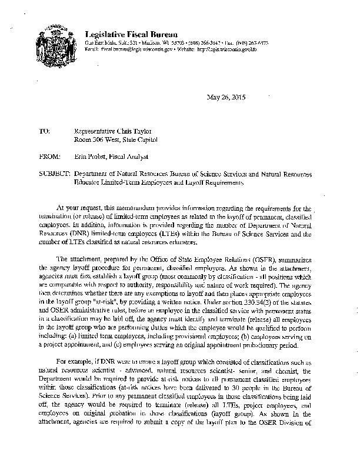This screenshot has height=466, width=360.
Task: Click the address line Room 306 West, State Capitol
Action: pyautogui.click(x=115, y=140)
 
